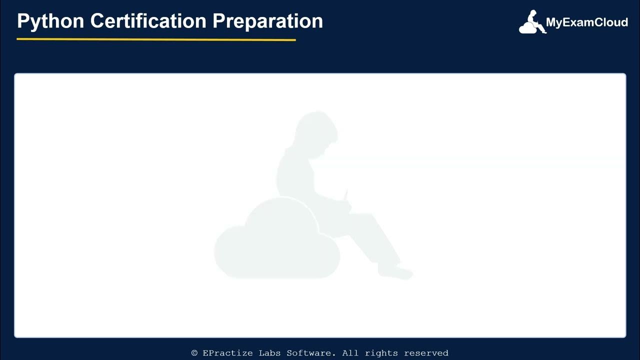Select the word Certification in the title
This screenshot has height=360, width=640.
[x=148, y=21]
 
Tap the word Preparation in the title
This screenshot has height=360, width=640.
[x=267, y=21]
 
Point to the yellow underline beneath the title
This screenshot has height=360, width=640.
[x=156, y=39]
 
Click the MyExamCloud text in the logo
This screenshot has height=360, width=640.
[x=586, y=22]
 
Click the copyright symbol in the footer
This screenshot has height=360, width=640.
[x=194, y=353]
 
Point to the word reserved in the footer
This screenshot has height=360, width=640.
[x=426, y=353]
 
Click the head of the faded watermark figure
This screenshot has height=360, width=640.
[x=315, y=130]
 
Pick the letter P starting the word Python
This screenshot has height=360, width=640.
[x=22, y=21]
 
